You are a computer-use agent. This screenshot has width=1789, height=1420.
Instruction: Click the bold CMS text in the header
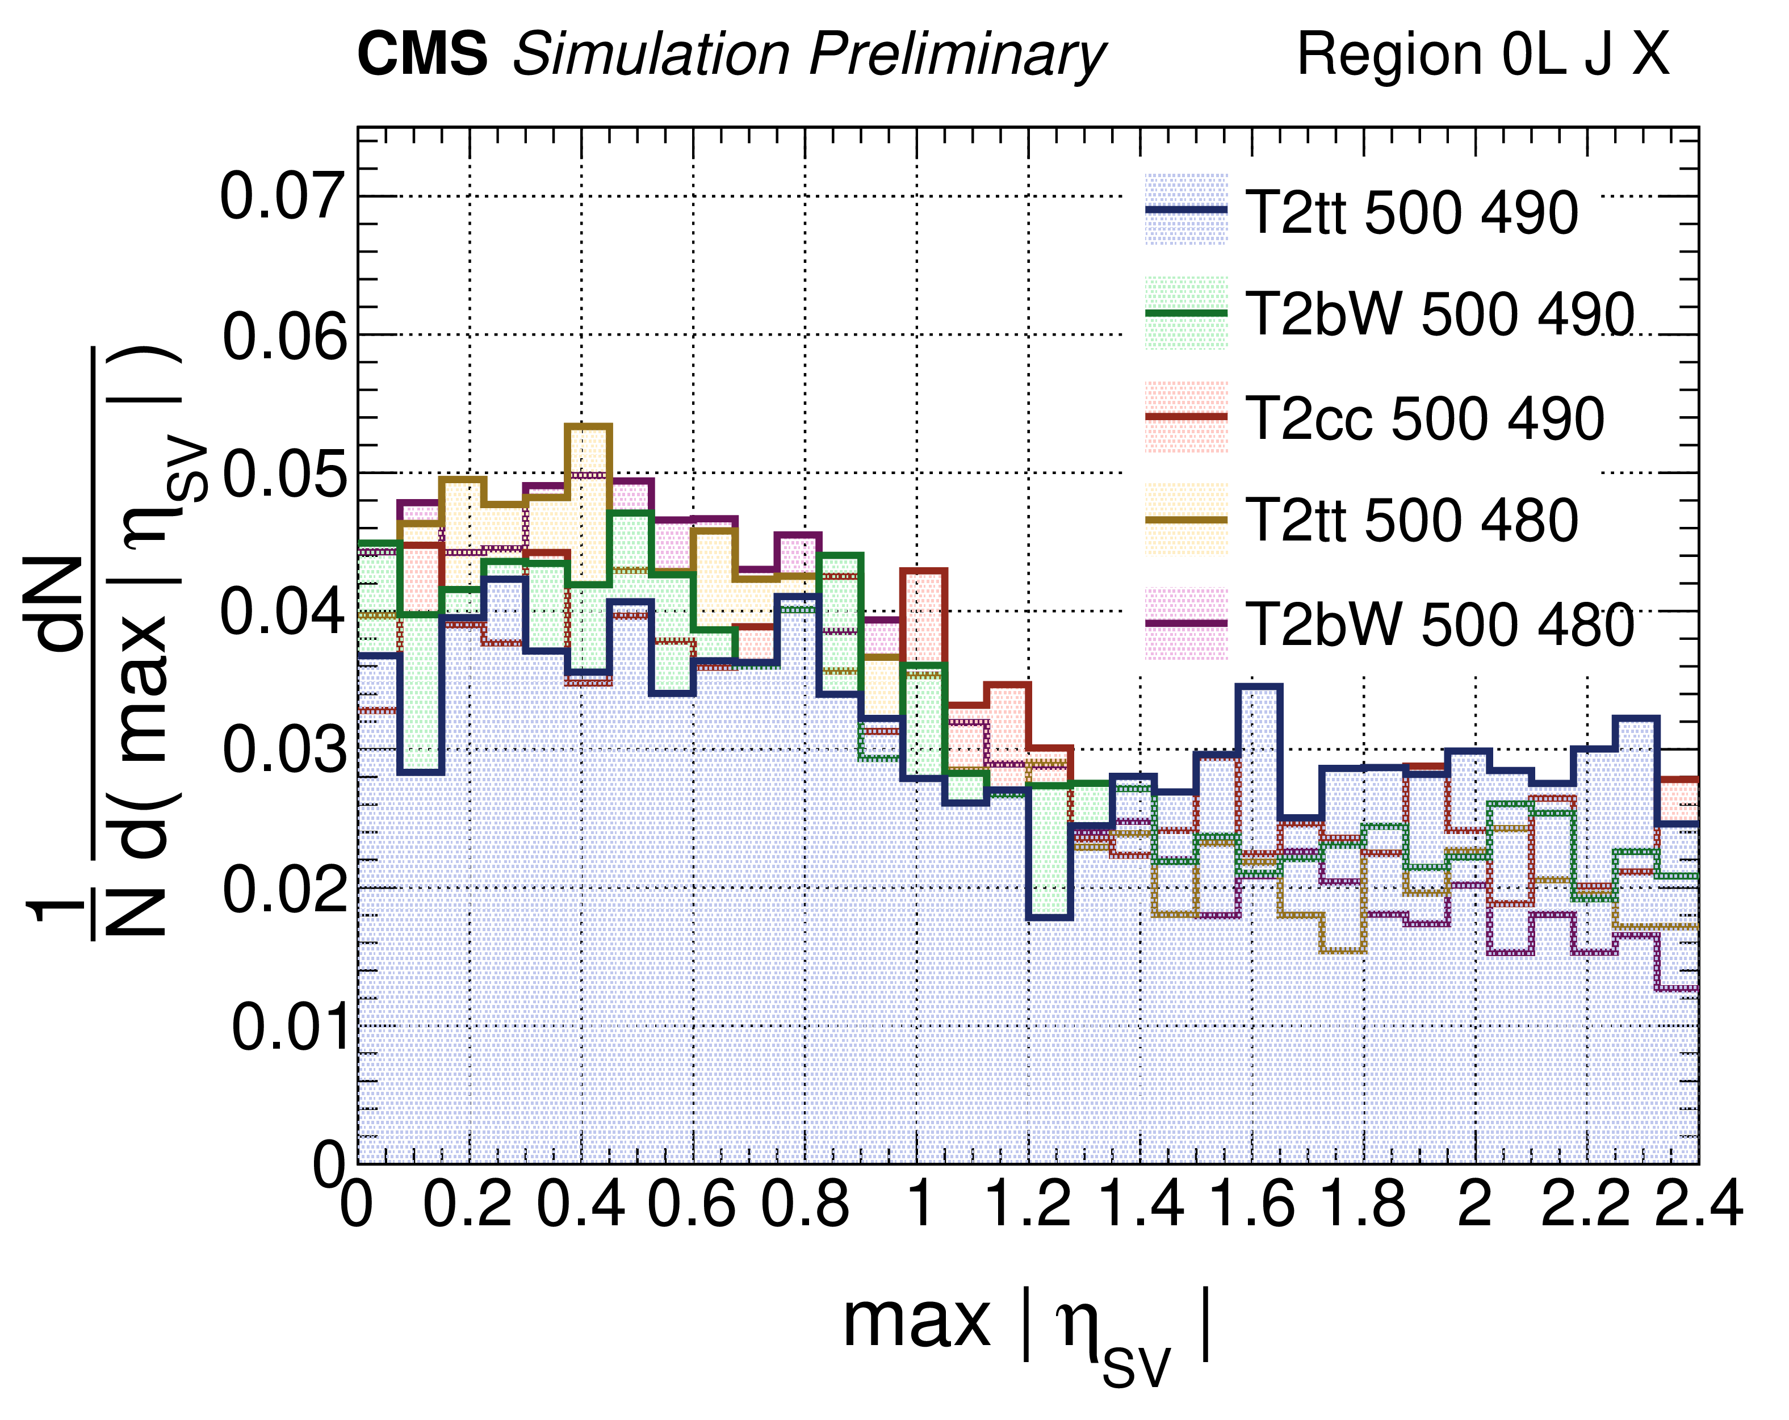[422, 55]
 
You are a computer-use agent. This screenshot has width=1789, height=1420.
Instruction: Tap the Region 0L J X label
[1482, 55]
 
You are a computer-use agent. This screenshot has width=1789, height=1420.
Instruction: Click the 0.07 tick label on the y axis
[282, 198]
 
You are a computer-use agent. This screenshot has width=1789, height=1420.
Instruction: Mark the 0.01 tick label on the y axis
[288, 1028]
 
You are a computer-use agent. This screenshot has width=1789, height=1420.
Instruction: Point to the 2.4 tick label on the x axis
[1698, 1204]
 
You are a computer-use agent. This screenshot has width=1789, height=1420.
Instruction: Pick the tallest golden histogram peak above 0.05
[588, 426]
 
